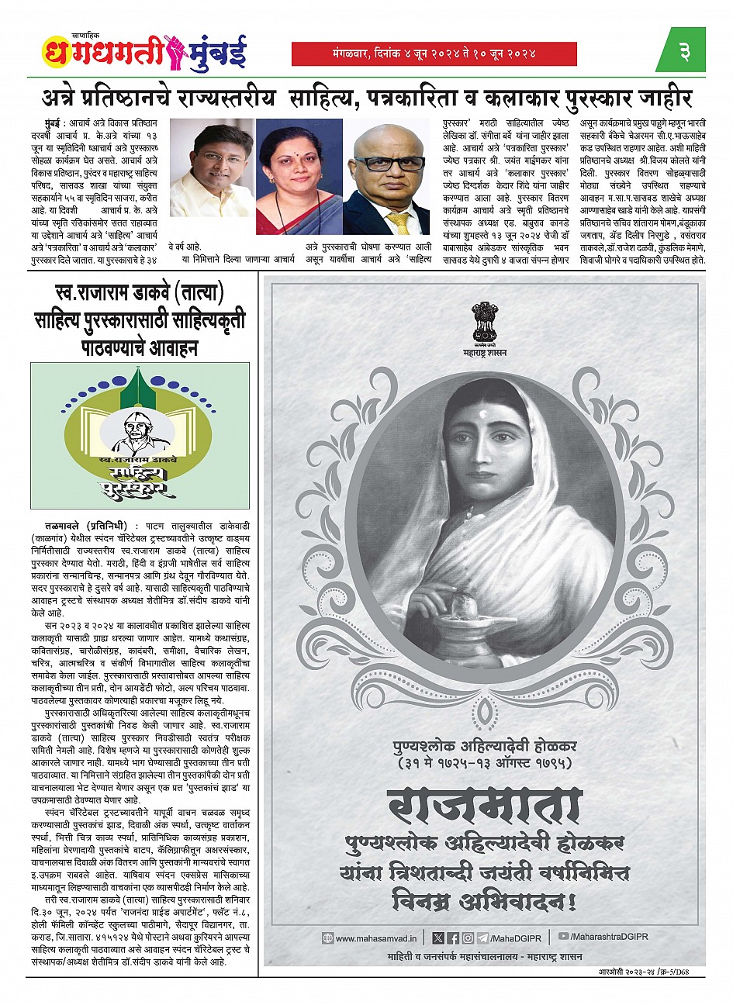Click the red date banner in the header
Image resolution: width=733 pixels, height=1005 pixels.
pos(434,54)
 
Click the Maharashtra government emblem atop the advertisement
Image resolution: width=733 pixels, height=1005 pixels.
pos(484,324)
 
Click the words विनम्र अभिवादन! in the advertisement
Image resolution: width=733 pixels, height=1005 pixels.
pos(485,901)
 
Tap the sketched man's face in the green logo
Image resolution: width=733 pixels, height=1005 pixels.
pos(137,426)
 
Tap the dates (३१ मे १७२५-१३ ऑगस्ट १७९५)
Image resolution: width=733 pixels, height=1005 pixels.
pos(484,763)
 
